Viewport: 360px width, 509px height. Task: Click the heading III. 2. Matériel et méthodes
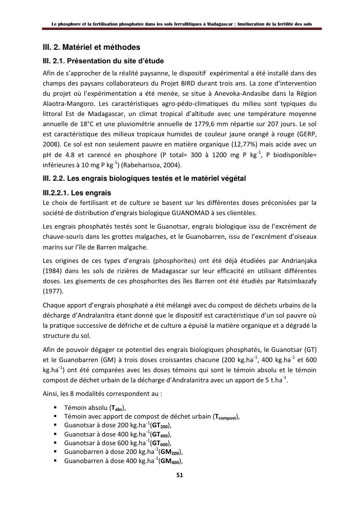coord(91,47)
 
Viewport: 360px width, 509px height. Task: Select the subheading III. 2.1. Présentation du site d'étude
coord(103,61)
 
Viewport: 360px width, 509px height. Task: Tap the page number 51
coord(179,475)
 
